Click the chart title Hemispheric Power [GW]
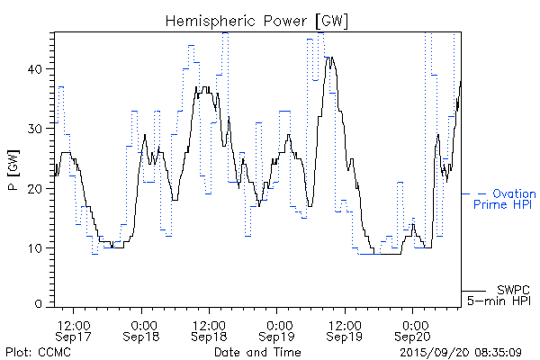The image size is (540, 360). coord(257,20)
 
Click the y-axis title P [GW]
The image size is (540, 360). coord(13,170)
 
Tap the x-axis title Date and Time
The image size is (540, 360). coord(256,352)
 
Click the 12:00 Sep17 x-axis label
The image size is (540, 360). coord(73,329)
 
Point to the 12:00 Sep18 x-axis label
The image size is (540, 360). coord(209,329)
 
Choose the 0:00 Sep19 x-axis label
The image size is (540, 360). coord(277,329)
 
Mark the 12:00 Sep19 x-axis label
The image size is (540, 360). coord(345,329)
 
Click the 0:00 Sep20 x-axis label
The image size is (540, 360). coord(413,329)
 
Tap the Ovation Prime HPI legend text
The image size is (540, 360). coord(504,199)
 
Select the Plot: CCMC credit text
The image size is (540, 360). coord(38,352)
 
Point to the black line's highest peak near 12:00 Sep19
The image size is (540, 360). coord(330,58)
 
